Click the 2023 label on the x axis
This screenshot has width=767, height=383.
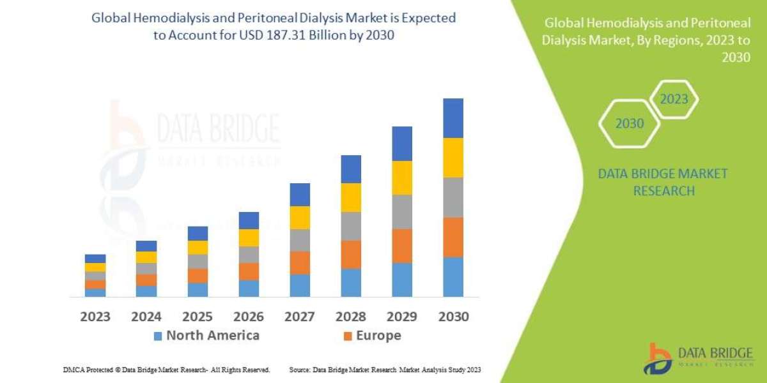(95, 317)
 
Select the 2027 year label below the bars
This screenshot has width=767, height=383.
(300, 317)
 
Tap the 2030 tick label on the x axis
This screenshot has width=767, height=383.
(453, 317)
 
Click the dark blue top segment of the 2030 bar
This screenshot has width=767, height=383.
(453, 118)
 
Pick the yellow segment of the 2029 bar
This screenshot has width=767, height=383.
(402, 177)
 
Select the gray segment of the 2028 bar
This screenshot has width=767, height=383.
(351, 226)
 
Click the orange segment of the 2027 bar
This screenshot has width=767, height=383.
(300, 263)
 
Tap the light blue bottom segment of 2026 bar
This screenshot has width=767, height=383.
(249, 289)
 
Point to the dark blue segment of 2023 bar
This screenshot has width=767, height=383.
(95, 259)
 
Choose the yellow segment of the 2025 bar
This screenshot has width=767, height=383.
(198, 248)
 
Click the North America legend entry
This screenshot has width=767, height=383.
(206, 336)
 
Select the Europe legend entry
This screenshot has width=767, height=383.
(372, 336)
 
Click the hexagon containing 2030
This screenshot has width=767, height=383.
(629, 123)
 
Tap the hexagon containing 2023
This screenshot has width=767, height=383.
(674, 99)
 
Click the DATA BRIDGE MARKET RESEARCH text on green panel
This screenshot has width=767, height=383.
(663, 182)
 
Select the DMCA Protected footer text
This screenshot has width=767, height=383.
(166, 370)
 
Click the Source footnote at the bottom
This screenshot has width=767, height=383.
(385, 370)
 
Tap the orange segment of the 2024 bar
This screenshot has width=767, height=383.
(146, 280)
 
